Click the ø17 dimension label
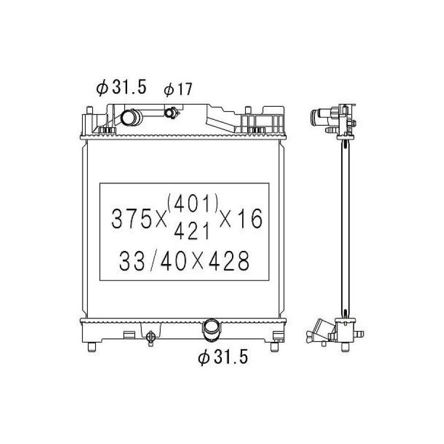[x=178, y=89]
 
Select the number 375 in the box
[x=132, y=219]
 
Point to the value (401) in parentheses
[x=193, y=203]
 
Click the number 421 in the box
[x=192, y=231]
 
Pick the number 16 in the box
[x=249, y=219]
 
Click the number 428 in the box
[x=229, y=261]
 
